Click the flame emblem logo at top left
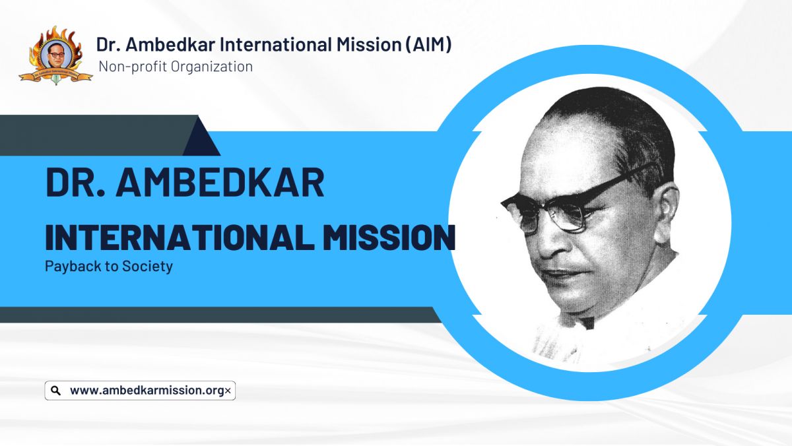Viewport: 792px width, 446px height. click(55, 55)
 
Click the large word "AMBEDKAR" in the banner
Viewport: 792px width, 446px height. click(220, 183)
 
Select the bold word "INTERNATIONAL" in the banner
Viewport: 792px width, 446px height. click(180, 237)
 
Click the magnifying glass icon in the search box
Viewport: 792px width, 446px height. click(55, 391)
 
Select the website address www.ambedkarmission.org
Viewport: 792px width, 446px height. click(147, 391)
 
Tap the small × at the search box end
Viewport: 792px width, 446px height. click(228, 391)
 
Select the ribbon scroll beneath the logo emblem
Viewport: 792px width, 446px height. click(55, 75)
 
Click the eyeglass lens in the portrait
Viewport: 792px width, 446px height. click(568, 214)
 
